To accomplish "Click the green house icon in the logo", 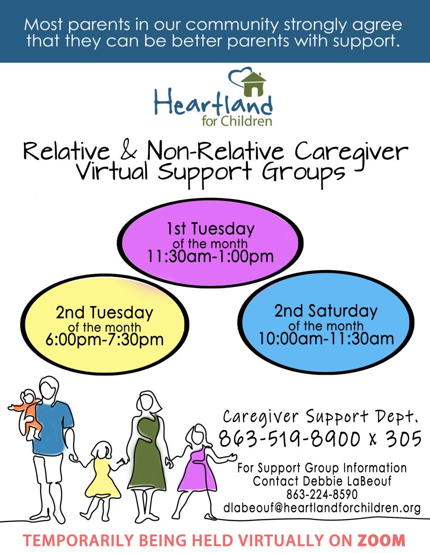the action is (253, 84).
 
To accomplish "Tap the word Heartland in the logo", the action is (213, 103).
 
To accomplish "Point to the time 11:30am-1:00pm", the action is (211, 256).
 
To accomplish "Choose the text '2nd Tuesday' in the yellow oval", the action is (104, 313).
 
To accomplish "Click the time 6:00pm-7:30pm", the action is (105, 339).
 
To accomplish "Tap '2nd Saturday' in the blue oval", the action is (326, 311).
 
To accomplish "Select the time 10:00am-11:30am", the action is (326, 338).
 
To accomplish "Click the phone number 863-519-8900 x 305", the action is (320, 439).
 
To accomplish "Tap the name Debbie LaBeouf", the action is (347, 481).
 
